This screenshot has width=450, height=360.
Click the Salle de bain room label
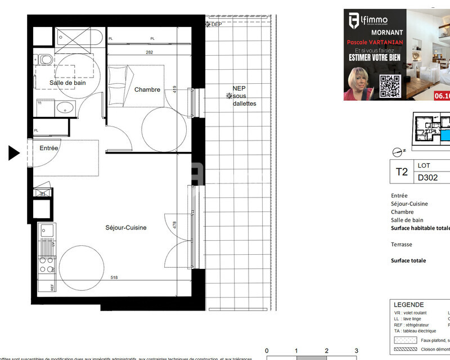(x=67, y=83)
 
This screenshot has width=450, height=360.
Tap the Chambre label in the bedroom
(x=147, y=89)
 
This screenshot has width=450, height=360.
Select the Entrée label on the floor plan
(x=49, y=148)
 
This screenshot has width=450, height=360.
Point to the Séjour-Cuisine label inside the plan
(x=126, y=228)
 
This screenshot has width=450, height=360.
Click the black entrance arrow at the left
(x=14, y=152)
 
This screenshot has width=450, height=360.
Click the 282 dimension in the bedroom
(x=150, y=52)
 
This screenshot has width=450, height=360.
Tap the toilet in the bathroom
(x=45, y=59)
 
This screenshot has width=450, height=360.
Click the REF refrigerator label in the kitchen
(x=52, y=287)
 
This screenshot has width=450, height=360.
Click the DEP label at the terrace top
(x=216, y=24)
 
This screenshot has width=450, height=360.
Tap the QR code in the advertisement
(x=389, y=87)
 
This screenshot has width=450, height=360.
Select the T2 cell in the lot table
(x=402, y=172)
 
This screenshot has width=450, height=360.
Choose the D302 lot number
(x=427, y=178)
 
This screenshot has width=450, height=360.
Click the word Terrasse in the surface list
(x=402, y=245)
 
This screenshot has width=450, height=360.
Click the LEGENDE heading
(x=408, y=305)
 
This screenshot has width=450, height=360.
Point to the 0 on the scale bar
(x=267, y=350)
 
